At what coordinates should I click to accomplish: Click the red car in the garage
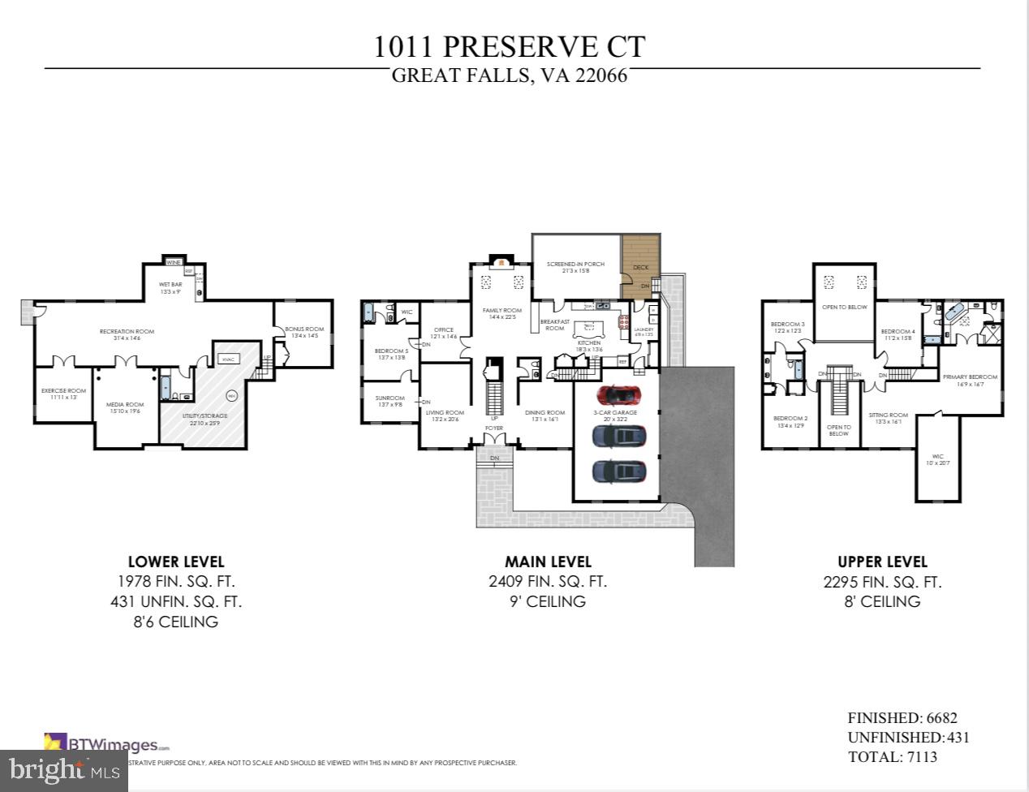tap(618, 395)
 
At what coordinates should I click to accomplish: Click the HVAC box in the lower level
tap(228, 359)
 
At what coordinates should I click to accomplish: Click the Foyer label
tap(493, 428)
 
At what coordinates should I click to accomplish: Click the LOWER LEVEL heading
tap(176, 562)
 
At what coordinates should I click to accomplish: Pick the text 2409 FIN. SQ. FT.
tap(548, 582)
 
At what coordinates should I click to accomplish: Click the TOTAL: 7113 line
tap(892, 757)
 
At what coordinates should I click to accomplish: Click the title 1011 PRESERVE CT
tap(510, 46)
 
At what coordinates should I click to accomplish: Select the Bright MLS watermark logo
tap(64, 768)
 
